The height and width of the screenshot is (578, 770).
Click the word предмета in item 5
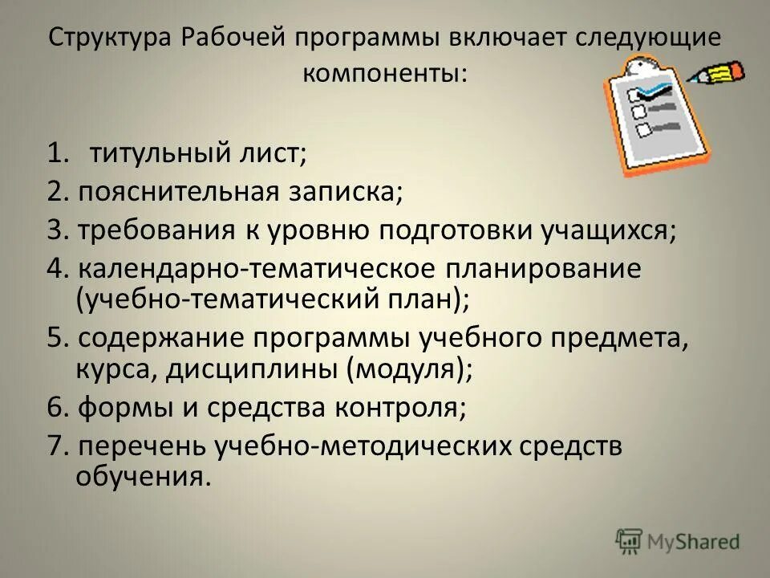tap(622, 337)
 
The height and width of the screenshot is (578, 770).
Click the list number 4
tap(55, 269)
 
